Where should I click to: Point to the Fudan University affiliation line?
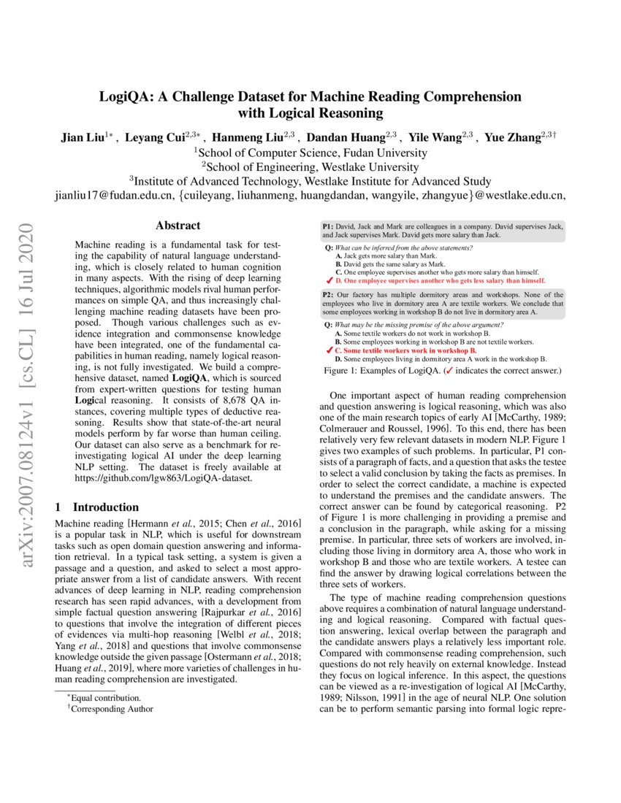click(310, 153)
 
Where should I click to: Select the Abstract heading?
click(178, 226)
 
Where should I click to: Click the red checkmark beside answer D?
click(329, 280)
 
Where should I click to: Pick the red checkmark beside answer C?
click(329, 350)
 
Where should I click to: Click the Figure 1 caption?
click(442, 371)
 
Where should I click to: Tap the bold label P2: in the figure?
click(328, 293)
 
